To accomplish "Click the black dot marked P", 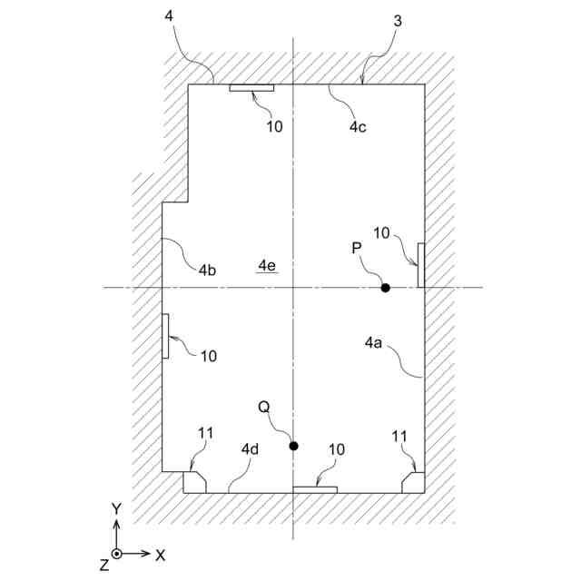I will pyautogui.click(x=385, y=288).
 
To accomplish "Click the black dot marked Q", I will pyautogui.click(x=293, y=445).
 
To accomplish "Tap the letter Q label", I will pyautogui.click(x=264, y=408).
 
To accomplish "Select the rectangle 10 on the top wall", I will pyautogui.click(x=251, y=88).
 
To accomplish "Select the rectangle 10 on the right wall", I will pyautogui.click(x=420, y=265).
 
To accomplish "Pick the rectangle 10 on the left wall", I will pyautogui.click(x=165, y=335).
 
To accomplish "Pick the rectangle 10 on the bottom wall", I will pyautogui.click(x=315, y=489).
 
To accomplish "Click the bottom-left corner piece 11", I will pyautogui.click(x=194, y=481).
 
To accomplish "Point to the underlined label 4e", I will pyautogui.click(x=267, y=265).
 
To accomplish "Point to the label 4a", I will pyautogui.click(x=374, y=342).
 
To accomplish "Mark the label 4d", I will pyautogui.click(x=251, y=449).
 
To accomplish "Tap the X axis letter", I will pyautogui.click(x=160, y=553).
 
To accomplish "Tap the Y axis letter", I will pyautogui.click(x=116, y=509).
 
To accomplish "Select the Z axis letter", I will pyautogui.click(x=104, y=565).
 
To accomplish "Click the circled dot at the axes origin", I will pyautogui.click(x=116, y=553).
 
